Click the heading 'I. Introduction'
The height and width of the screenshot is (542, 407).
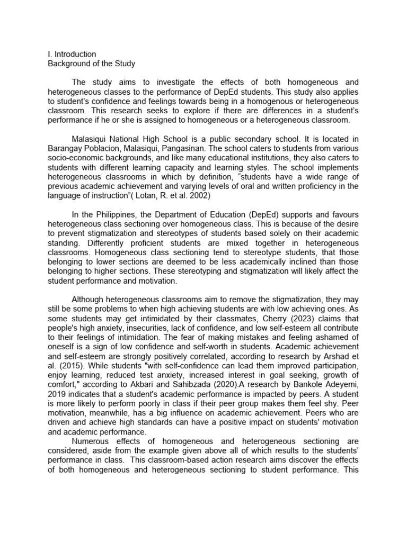coord(72,54)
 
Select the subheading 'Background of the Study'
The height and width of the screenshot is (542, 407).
coord(92,64)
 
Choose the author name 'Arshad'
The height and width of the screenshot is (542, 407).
coord(334,356)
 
